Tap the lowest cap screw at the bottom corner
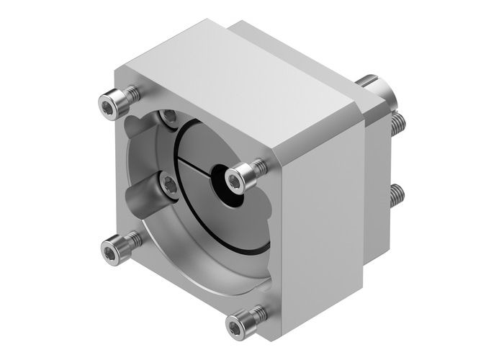pos(240,322)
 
